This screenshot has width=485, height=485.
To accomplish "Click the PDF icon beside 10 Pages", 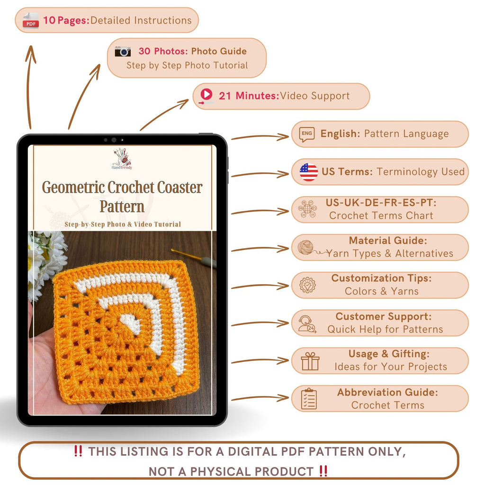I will (x=31, y=20).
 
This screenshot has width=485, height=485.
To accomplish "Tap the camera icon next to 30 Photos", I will (x=123, y=51).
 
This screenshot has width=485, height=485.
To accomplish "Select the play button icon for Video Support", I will (x=206, y=95).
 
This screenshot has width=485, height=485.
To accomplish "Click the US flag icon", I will (x=308, y=171).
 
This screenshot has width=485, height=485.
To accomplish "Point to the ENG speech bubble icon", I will (x=307, y=134).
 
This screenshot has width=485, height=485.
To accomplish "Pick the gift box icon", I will (x=310, y=361).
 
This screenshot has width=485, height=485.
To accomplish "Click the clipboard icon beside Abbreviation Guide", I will (x=309, y=399).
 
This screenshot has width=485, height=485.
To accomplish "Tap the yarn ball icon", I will (x=306, y=248).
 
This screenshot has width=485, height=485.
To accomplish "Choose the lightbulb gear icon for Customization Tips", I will (x=307, y=285).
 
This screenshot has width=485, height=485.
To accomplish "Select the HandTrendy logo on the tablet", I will (x=122, y=159).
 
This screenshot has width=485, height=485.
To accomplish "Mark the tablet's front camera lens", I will (x=114, y=140).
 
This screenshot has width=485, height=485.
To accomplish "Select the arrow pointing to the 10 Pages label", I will (x=30, y=85).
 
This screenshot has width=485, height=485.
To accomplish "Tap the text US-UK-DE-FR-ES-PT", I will (x=381, y=203).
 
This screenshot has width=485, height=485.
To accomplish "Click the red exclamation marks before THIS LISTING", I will (x=78, y=451).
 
